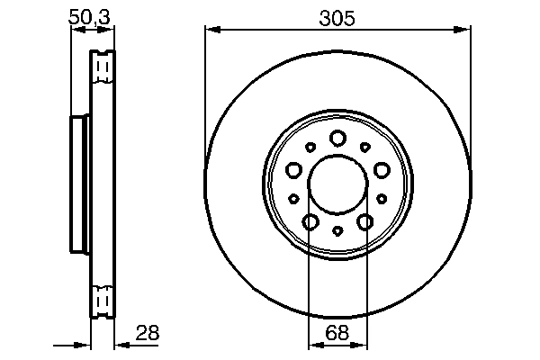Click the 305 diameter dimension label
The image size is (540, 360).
point(337,17)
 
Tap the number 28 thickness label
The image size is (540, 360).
point(147,333)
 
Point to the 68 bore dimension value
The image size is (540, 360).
point(337,333)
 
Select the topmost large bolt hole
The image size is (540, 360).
point(337,138)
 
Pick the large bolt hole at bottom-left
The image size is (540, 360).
point(310,222)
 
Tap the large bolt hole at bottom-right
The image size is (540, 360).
point(365,222)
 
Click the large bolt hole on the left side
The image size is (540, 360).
point(292,169)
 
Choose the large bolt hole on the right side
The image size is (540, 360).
point(382,169)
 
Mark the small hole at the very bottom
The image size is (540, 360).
point(337,231)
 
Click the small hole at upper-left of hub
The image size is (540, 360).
point(310,147)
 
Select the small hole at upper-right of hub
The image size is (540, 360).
point(364,147)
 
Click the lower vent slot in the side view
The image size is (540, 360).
point(103,297)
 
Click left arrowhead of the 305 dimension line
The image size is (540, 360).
point(210,30)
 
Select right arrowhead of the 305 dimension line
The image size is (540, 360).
point(465,30)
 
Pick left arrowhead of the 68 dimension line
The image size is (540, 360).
point(312,344)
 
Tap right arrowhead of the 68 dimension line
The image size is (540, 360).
point(363,344)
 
